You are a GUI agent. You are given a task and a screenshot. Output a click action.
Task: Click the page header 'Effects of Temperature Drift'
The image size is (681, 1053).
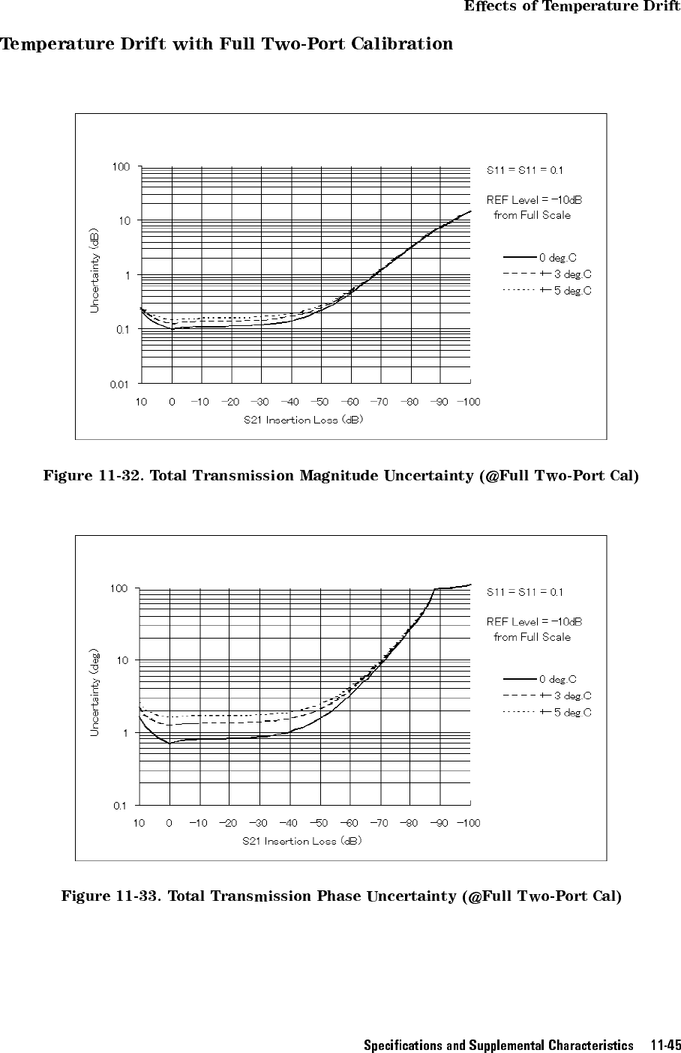point(571,7)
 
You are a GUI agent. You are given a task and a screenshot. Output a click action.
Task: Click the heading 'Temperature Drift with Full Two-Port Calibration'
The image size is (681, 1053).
point(226,43)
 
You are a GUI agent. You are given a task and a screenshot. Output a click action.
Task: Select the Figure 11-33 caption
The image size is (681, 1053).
point(341,896)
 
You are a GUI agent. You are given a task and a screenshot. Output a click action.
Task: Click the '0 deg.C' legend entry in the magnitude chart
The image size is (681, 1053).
point(557,259)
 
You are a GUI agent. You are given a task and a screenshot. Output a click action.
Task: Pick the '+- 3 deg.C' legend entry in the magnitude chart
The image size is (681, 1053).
point(565,274)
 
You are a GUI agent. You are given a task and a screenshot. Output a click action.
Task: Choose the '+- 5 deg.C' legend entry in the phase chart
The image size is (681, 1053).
point(565,712)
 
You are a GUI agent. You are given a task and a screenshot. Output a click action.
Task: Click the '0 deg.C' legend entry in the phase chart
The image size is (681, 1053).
point(557,680)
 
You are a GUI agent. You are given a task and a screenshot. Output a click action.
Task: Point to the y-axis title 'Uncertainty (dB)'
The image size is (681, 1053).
point(94,271)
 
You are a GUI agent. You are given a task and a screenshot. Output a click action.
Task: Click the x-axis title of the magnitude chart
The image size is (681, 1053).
point(304,420)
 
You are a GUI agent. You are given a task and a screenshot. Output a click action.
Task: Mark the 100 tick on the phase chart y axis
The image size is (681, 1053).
point(119,589)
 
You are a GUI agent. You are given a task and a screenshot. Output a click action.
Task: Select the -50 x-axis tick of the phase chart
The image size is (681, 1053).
point(319,824)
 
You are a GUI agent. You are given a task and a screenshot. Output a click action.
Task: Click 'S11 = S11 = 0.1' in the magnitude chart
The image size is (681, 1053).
point(525,170)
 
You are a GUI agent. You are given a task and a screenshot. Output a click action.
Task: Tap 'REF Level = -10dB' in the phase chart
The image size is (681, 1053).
point(535,622)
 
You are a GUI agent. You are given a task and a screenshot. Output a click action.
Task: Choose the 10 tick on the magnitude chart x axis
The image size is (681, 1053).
point(141,402)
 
